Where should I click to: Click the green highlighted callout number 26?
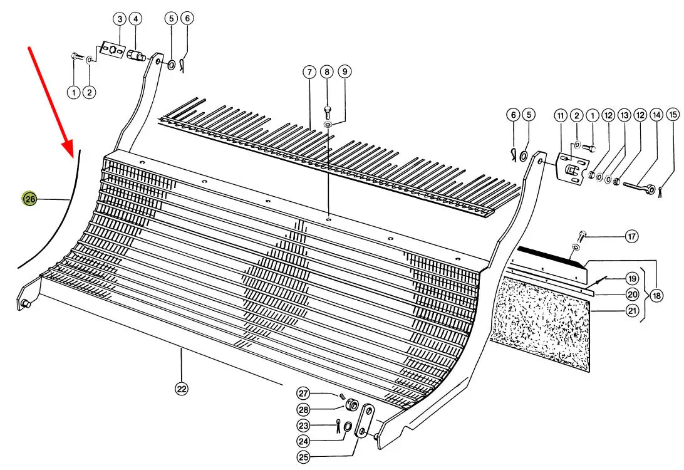[x=30, y=199]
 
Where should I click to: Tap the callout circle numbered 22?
[x=182, y=389]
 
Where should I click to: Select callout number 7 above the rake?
[x=309, y=72]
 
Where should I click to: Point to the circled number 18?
[x=656, y=296]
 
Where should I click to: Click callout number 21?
[x=632, y=311]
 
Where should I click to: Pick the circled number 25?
[x=304, y=457]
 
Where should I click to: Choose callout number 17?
[x=631, y=236]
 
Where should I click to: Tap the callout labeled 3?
[x=120, y=19]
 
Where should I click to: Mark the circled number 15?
[x=673, y=114]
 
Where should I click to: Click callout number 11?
[x=561, y=116]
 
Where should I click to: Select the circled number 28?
[x=304, y=409]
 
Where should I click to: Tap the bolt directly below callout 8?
[x=327, y=113]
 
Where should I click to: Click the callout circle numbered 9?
[x=345, y=71]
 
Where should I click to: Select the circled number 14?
[x=656, y=115]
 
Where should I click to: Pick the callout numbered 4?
[x=136, y=19]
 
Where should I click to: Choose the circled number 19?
[x=632, y=278]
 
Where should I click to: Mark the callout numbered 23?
[x=304, y=425]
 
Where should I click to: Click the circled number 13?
[x=624, y=115]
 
